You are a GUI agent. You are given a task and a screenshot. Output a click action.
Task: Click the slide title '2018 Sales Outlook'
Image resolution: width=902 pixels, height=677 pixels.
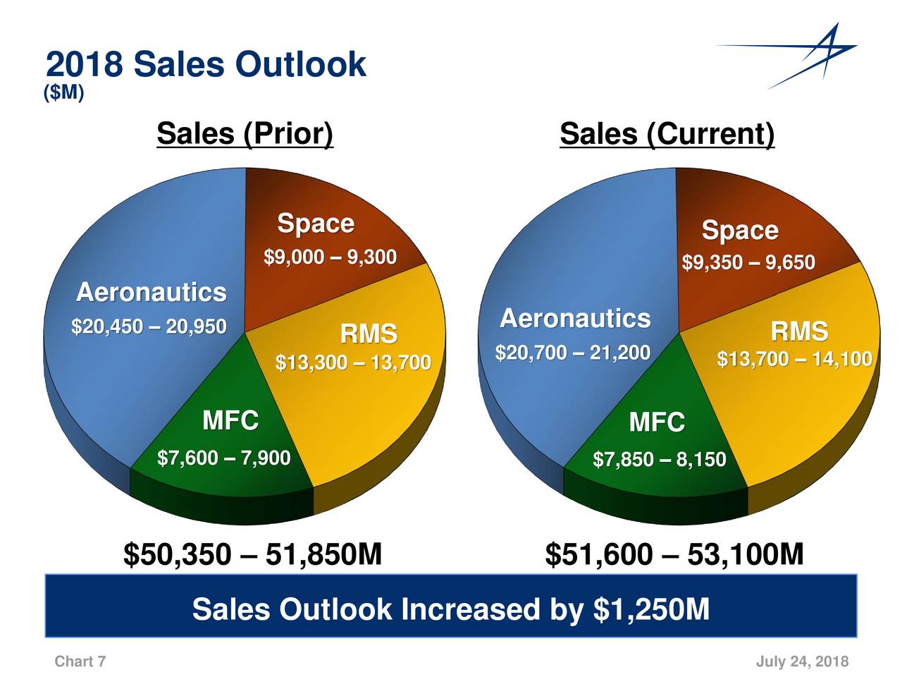click(x=205, y=65)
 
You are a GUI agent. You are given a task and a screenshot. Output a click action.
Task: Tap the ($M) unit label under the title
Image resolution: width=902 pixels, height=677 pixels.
click(x=63, y=93)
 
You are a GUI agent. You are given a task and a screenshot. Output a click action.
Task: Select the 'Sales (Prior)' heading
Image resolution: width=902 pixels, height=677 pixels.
click(x=245, y=133)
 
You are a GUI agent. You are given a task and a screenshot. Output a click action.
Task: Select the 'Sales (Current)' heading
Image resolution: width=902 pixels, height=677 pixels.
click(x=667, y=134)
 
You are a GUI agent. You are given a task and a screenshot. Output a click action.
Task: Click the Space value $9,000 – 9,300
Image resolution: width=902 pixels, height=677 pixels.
click(x=330, y=257)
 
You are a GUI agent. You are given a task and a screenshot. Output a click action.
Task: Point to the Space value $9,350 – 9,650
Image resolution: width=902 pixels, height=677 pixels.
click(x=748, y=263)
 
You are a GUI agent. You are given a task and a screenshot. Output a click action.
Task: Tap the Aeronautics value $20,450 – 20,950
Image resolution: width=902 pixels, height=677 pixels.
click(x=149, y=327)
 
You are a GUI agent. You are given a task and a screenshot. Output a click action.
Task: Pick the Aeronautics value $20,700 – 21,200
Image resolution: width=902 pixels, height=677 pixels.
click(x=572, y=353)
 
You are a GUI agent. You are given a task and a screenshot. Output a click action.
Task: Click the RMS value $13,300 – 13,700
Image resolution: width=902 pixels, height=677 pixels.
click(x=352, y=363)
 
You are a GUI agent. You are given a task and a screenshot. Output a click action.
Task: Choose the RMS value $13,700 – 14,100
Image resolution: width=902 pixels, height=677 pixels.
click(x=794, y=360)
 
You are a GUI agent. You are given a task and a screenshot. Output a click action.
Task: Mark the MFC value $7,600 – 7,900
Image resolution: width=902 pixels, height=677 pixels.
click(x=223, y=458)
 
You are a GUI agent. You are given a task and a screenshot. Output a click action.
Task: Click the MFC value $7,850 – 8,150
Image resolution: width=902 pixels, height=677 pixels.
click(x=659, y=461)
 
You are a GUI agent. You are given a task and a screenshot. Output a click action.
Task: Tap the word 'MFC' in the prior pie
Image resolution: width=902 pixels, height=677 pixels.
click(x=230, y=421)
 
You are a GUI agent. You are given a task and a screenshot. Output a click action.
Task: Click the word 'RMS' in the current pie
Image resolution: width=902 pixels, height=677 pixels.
click(x=798, y=331)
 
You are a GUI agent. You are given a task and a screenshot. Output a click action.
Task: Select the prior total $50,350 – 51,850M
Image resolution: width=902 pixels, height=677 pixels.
click(x=252, y=555)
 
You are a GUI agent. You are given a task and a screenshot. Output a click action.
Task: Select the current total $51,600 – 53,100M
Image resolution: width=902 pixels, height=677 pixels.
click(x=674, y=555)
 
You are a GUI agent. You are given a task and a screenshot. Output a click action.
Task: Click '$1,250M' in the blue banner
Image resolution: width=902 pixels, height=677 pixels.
click(x=651, y=609)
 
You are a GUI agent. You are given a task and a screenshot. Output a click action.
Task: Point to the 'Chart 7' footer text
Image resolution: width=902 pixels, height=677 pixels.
click(x=80, y=661)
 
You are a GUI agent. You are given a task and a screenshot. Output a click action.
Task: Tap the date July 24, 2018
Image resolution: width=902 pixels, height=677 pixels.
click(x=802, y=661)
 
